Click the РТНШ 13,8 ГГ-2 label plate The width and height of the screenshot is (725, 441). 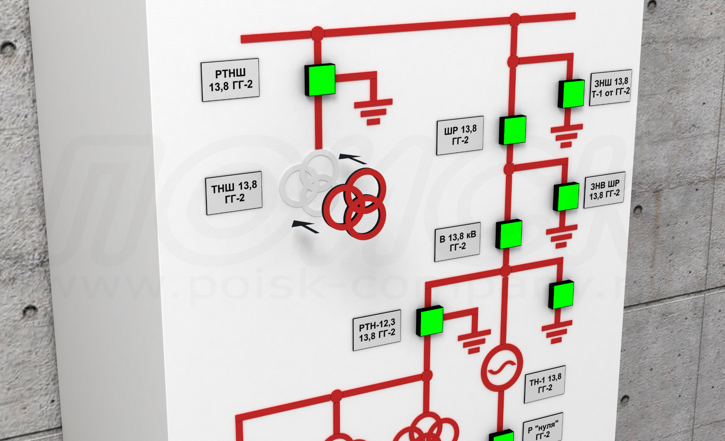click(x=230, y=80)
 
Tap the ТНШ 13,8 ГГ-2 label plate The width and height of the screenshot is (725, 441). click(x=234, y=192)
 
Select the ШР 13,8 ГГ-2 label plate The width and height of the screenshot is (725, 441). click(x=460, y=135)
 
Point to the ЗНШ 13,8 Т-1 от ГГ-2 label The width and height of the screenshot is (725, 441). click(x=610, y=88)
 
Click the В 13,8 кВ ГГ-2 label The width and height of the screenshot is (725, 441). click(x=457, y=242)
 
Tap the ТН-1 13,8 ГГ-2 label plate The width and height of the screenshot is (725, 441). click(x=545, y=384)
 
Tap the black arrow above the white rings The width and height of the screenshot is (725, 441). click(x=352, y=158)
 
